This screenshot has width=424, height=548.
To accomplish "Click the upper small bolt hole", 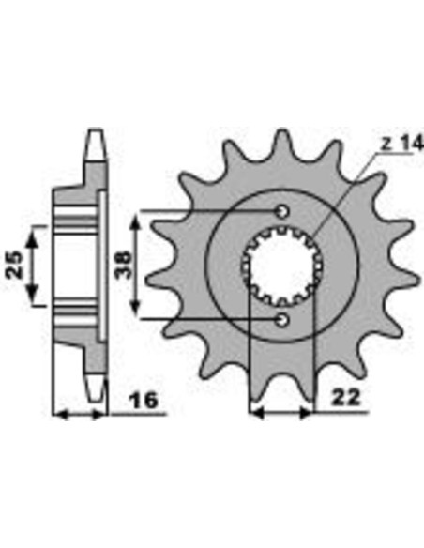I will [282, 210].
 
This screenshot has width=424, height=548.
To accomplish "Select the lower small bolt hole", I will [282, 321].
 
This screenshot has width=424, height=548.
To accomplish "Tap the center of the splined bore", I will [282, 266].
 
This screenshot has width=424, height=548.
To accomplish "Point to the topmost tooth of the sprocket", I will [279, 143].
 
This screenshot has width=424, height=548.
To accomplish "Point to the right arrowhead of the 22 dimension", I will [310, 411].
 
